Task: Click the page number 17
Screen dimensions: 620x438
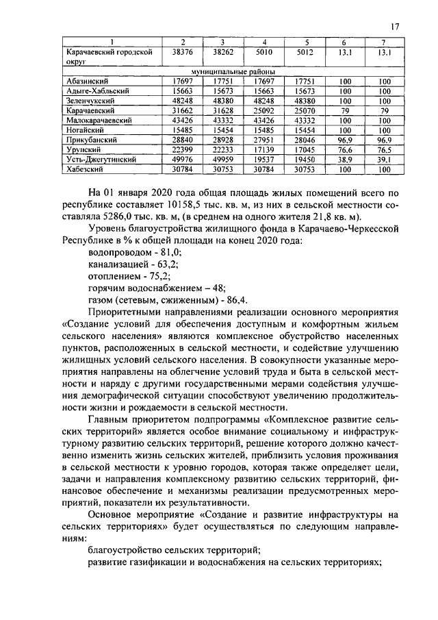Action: pos(395,27)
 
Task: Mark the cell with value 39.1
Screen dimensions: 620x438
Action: pos(385,159)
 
